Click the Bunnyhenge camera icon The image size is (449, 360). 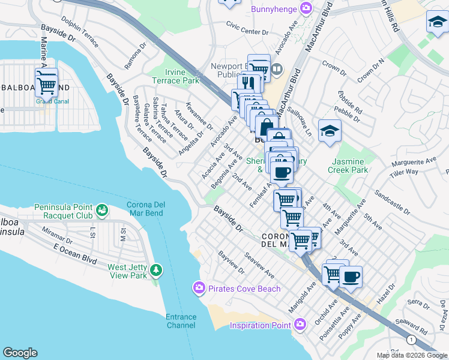[x=307, y=8]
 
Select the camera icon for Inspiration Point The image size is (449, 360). [x=300, y=325]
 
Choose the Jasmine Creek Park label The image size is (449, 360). [x=348, y=166]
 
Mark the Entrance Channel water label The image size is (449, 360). [x=181, y=321]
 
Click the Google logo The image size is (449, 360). [x=20, y=353]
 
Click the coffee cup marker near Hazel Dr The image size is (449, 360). [x=351, y=277]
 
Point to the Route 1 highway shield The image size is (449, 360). [x=411, y=340]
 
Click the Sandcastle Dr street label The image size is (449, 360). [x=392, y=203]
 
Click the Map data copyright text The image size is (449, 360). [x=411, y=355]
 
